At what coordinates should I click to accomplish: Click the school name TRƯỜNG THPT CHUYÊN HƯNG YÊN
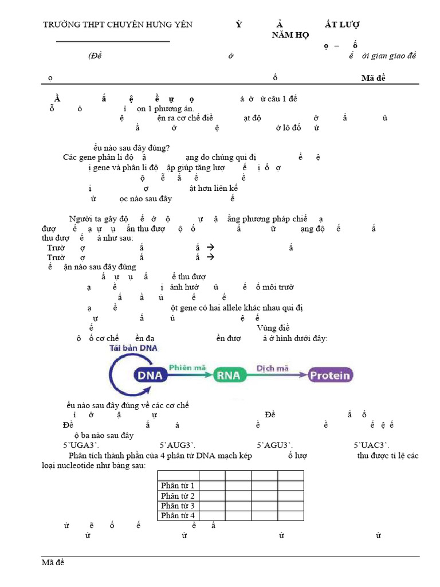119,25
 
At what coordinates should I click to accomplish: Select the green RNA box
229,375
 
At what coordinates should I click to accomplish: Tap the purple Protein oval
330,375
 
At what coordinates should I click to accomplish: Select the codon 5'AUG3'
178,445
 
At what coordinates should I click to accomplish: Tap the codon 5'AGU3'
275,445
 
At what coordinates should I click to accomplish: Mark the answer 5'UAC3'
372,445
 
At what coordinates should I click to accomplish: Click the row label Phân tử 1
178,486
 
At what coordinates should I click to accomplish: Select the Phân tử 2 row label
178,496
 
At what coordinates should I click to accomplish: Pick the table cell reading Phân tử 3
178,506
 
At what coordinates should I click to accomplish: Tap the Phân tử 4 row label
178,515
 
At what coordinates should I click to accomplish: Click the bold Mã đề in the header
374,78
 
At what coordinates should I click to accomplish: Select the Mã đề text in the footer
53,562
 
